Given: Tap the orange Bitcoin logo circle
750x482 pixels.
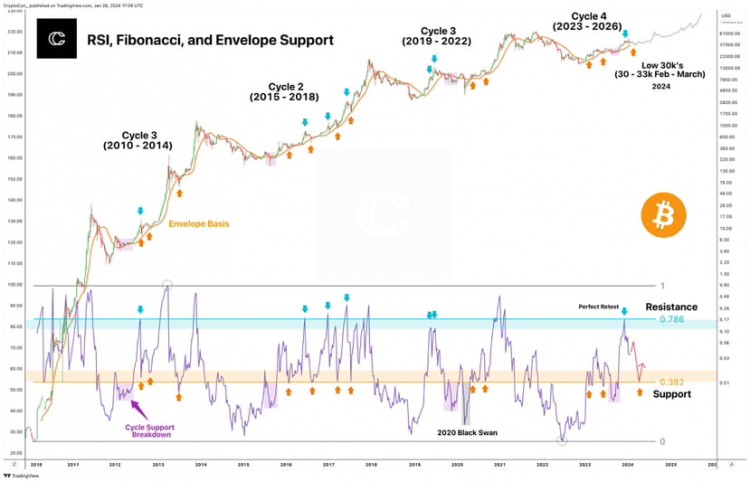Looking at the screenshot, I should [661, 213].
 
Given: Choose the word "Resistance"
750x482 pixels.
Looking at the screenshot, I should [672, 306].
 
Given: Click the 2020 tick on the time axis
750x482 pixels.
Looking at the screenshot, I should [457, 466].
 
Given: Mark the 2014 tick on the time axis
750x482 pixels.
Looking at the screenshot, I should [201, 466].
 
